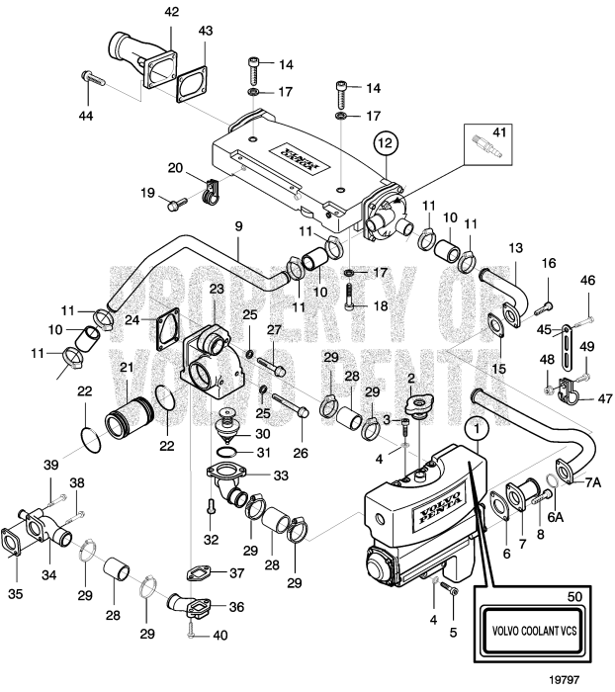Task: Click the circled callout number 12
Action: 386,144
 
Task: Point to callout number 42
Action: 172,12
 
